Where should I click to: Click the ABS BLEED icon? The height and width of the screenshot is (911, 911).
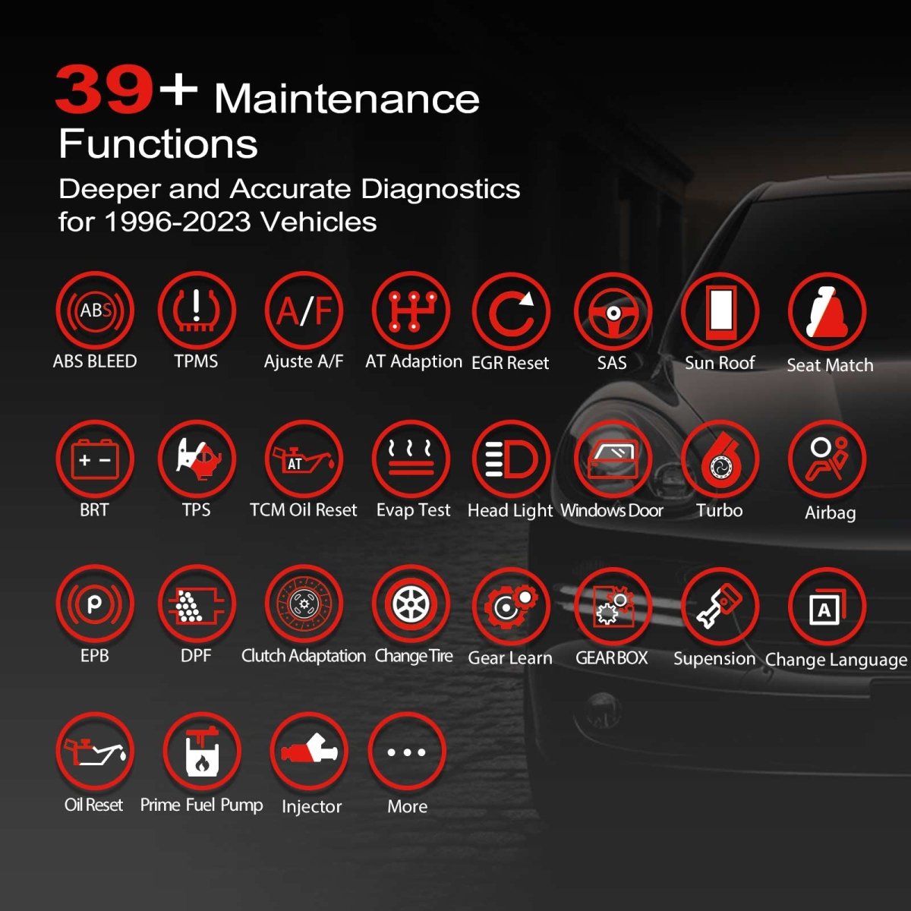click(x=95, y=311)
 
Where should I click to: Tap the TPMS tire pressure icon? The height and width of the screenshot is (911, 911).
click(x=197, y=311)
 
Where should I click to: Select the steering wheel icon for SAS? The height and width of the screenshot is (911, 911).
click(x=613, y=311)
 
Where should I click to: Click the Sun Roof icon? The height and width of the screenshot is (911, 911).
click(x=720, y=311)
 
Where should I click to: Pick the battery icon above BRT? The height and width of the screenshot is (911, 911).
click(x=95, y=459)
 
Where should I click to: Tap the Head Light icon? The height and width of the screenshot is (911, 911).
click(x=510, y=459)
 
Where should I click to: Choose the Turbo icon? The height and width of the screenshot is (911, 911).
click(x=720, y=459)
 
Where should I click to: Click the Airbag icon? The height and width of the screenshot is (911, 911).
click(x=827, y=459)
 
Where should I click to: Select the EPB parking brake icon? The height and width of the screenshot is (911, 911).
click(x=95, y=604)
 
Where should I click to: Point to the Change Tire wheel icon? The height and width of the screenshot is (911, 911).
click(x=411, y=604)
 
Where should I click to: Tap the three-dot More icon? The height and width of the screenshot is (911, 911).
click(x=407, y=752)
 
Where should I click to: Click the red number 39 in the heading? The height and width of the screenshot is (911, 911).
click(x=105, y=90)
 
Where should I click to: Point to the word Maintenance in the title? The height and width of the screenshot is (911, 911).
click(x=347, y=99)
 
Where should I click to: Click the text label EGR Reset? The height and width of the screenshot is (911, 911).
click(x=510, y=363)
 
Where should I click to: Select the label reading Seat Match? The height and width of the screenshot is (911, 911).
click(x=830, y=365)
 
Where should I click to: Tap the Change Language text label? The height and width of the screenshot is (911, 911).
click(x=836, y=660)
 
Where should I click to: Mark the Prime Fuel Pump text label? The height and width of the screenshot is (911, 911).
click(x=202, y=805)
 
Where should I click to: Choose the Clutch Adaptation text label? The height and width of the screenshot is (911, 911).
click(x=304, y=656)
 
